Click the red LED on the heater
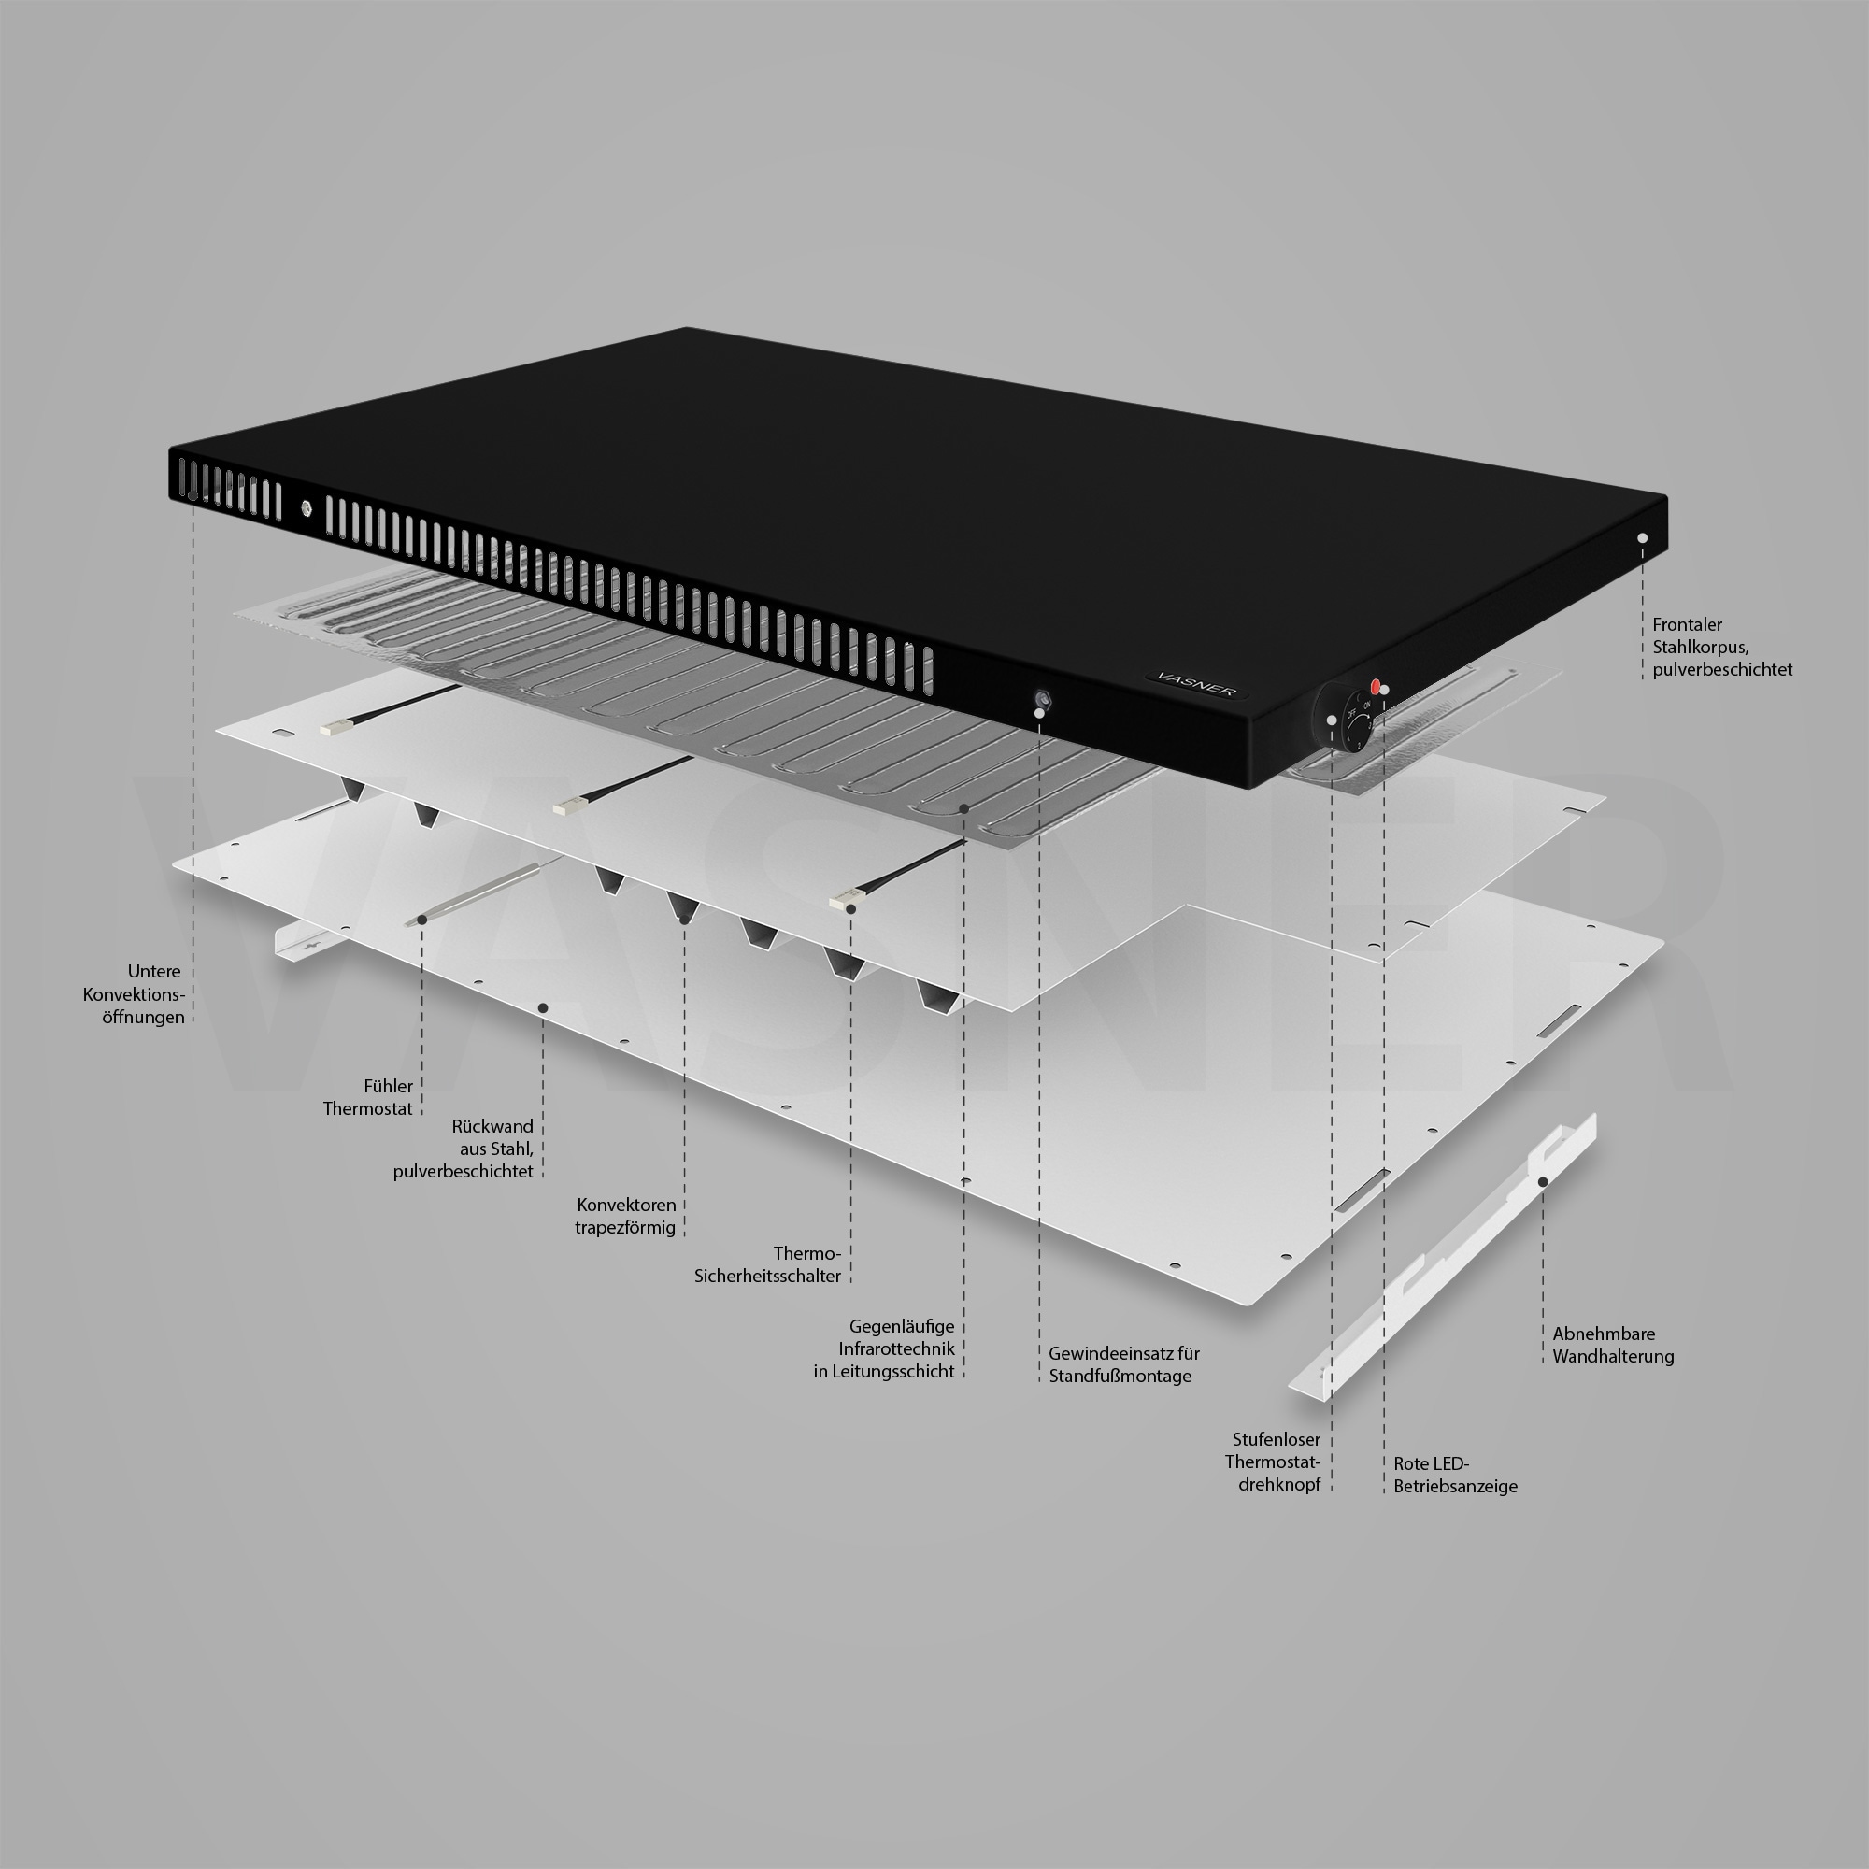coord(1376,686)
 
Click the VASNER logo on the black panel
coord(1197,678)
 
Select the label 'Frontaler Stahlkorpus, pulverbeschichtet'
coord(1722,648)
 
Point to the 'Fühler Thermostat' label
coord(367,1098)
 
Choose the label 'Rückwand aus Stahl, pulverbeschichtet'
coord(464,1149)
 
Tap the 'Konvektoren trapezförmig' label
coord(626,1216)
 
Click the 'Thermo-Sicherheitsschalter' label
coord(767,1264)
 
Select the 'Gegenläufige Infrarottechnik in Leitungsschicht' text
coord(883,1348)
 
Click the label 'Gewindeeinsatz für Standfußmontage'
coord(1123,1365)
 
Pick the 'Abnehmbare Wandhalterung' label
coord(1613,1346)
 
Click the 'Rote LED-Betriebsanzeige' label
coord(1455,1476)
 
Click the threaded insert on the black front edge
coord(1043,699)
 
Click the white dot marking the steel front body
coord(1642,537)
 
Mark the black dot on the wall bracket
coord(1543,1182)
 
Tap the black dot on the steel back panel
coord(543,1008)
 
